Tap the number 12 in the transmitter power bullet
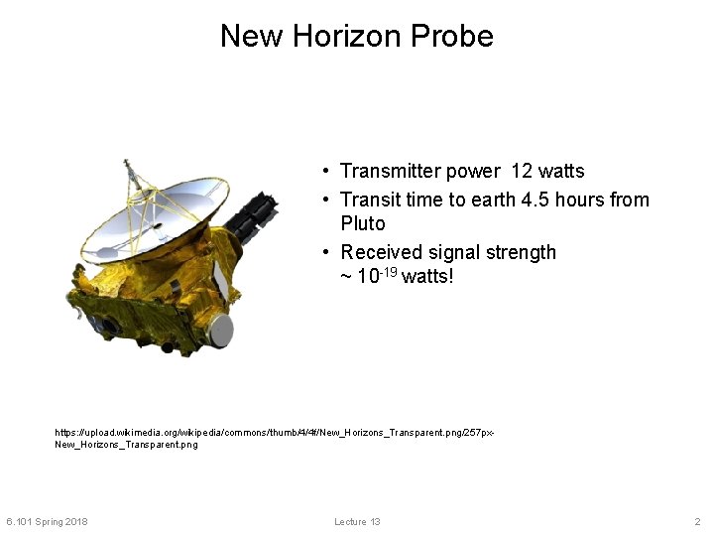(x=522, y=172)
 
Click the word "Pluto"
(x=362, y=223)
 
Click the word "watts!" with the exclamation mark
(x=427, y=276)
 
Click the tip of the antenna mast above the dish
(x=125, y=162)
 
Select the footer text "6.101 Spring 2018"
(x=47, y=522)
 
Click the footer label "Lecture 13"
(x=357, y=522)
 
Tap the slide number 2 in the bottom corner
(x=697, y=522)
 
